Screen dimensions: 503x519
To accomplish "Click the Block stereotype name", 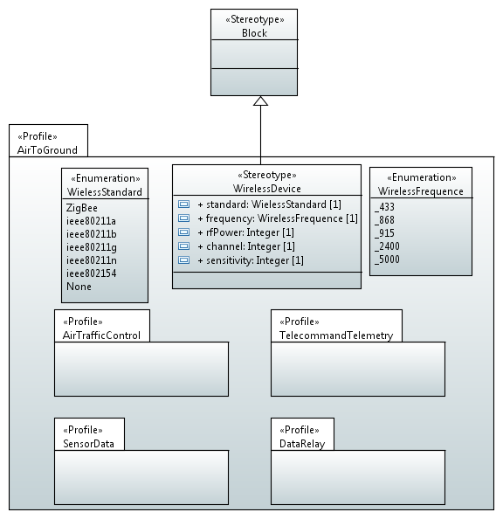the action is click(x=254, y=33).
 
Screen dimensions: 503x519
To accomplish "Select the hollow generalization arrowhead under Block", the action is click(x=260, y=101).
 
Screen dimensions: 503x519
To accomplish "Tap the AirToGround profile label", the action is click(x=47, y=150).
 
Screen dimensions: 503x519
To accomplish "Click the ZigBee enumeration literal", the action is click(x=82, y=208).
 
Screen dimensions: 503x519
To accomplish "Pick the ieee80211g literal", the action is click(x=92, y=247).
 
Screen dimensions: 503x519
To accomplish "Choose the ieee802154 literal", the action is click(x=92, y=273).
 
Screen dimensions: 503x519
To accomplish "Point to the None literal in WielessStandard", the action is click(x=79, y=287).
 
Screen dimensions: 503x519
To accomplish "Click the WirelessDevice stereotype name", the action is click(x=266, y=189).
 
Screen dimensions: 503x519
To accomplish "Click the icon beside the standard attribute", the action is click(x=183, y=204).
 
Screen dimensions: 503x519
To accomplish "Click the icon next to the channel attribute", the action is click(x=183, y=246).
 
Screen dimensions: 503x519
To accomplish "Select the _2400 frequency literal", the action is click(x=387, y=246).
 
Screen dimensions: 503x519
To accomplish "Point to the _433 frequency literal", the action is click(x=384, y=207).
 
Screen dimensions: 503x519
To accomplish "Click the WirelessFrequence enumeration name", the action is click(x=421, y=191).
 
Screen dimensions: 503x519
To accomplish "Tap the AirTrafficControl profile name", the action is click(x=101, y=336).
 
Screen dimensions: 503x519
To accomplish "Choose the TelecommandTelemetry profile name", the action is click(x=336, y=336).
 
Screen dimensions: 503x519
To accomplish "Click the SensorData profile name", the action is click(x=88, y=444).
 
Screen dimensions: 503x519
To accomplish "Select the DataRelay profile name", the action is click(x=302, y=444).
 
